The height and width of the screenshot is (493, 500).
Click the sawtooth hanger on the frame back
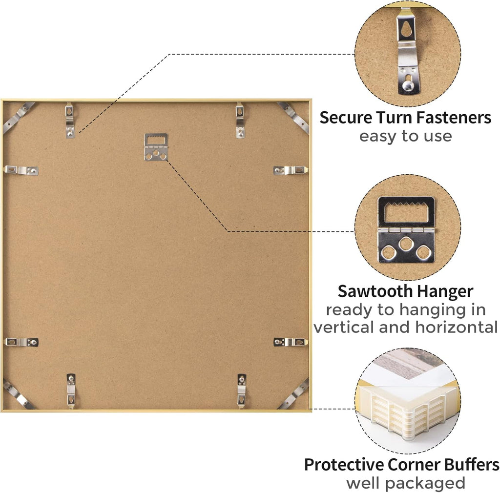tap(156, 147)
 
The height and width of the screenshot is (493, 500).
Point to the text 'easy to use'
tap(406, 136)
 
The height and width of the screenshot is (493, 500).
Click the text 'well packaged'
tap(406, 483)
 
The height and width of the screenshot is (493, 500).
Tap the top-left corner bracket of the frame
tap(19, 117)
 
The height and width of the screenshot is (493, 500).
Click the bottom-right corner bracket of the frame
tap(293, 394)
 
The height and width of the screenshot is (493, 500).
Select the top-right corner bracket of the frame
tap(293, 118)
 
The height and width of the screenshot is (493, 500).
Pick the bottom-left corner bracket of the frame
tap(19, 394)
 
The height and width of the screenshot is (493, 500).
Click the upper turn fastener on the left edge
tap(21, 170)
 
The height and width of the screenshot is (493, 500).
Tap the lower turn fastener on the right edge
tap(291, 342)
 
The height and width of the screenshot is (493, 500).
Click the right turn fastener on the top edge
tap(240, 120)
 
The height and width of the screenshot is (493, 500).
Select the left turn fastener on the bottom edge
tap(71, 391)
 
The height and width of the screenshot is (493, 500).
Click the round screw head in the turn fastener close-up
tap(407, 85)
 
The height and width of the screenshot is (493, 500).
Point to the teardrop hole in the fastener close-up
tap(406, 29)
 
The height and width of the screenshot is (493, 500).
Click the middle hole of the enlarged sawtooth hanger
tap(406, 244)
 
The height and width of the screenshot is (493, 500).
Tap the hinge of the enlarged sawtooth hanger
tap(406, 229)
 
